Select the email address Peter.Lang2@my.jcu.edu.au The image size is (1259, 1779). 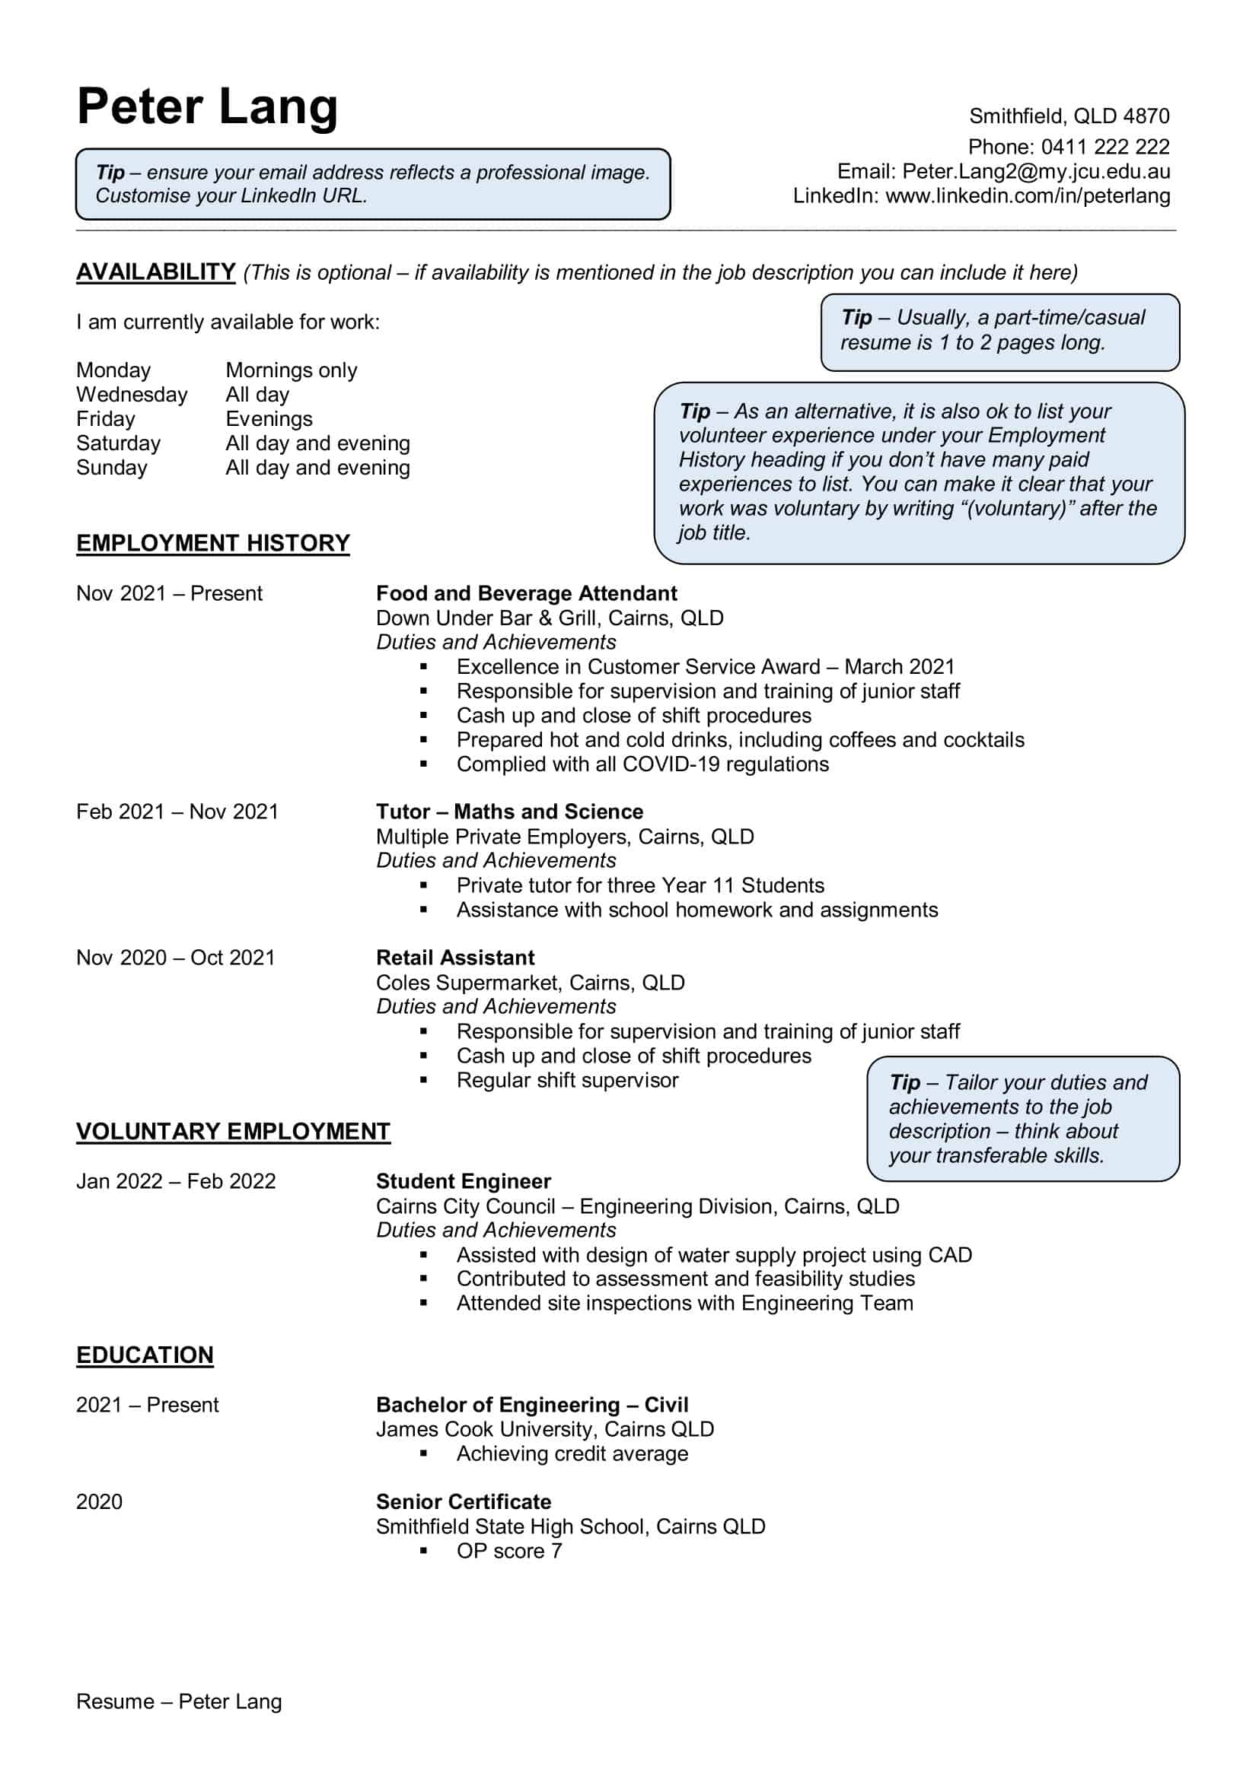coord(1036,171)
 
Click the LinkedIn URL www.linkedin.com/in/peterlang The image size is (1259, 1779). coord(1027,195)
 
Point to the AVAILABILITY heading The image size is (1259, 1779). coord(155,272)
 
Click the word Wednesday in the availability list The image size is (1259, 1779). coord(132,395)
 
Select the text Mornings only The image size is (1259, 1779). coord(291,370)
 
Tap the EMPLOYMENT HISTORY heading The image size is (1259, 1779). coord(212,543)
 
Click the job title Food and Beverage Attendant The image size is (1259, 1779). coord(526,593)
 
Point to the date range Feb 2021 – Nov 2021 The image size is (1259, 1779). coord(177,812)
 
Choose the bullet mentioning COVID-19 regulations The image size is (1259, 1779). coord(642,764)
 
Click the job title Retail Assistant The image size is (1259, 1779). coord(455,958)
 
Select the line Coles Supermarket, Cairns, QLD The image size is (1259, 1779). coord(531,983)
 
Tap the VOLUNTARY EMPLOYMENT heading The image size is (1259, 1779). coord(233,1131)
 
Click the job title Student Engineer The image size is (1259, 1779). coord(463,1181)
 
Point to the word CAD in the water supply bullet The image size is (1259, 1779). coord(949,1254)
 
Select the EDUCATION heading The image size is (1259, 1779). coord(144,1355)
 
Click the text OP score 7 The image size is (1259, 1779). coord(508,1550)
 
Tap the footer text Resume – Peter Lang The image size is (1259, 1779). coord(178,1701)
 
